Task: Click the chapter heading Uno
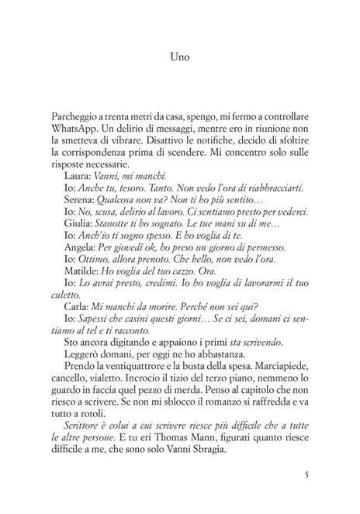(179, 57)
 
